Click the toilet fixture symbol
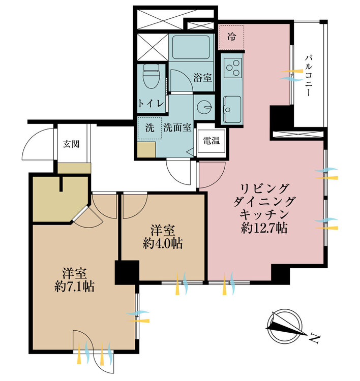tap(151, 75)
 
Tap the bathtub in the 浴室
tap(191, 47)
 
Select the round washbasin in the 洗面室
tap(204, 107)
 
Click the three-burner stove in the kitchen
tap(232, 68)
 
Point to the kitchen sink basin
tap(232, 109)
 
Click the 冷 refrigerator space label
tap(231, 37)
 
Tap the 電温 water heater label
tap(211, 140)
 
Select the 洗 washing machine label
tap(149, 128)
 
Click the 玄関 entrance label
tap(71, 144)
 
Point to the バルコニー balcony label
tap(309, 76)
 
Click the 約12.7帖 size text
tap(264, 228)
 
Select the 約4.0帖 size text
tap(163, 243)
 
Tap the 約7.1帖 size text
tap(75, 287)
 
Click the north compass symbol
tap(285, 326)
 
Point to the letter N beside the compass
tap(315, 339)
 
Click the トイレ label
tap(151, 103)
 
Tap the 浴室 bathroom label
tap(202, 78)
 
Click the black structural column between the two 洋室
tap(127, 272)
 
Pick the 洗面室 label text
tap(177, 128)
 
